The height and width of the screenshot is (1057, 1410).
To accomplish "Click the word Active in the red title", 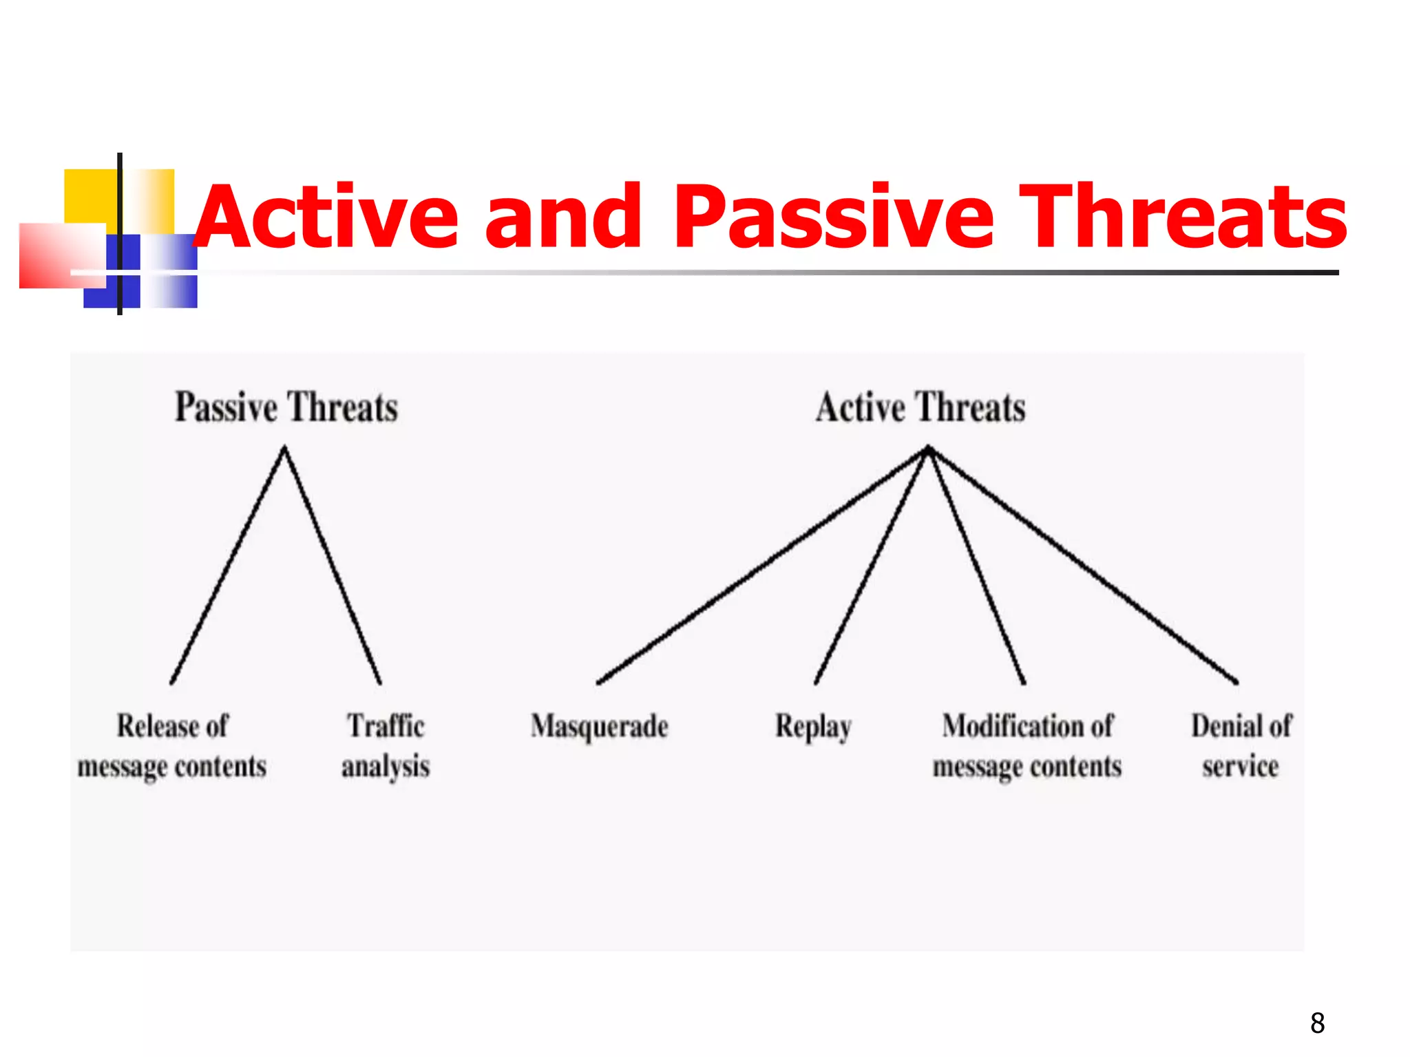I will click(x=327, y=217).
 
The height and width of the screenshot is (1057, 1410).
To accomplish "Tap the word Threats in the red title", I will click(x=1181, y=217).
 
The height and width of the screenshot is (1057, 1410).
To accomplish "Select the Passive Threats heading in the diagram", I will click(x=286, y=407).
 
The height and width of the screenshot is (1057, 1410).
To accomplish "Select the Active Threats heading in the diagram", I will click(x=920, y=407).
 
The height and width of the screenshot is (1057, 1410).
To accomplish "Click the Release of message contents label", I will click(x=172, y=746).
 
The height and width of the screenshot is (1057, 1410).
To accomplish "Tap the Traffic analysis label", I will click(x=386, y=746).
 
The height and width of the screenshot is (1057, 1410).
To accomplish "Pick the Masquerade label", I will click(x=599, y=727).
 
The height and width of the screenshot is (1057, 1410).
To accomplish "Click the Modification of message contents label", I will click(x=1027, y=746).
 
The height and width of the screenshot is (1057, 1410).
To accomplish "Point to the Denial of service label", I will click(x=1241, y=746).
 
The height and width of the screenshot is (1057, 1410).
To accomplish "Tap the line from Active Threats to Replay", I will click(x=871, y=565).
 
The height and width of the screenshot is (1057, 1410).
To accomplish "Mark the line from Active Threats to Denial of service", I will click(x=1082, y=565).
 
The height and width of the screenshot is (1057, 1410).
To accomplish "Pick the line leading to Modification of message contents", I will click(x=976, y=565).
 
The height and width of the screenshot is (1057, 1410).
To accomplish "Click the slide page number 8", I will click(x=1317, y=1023).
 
